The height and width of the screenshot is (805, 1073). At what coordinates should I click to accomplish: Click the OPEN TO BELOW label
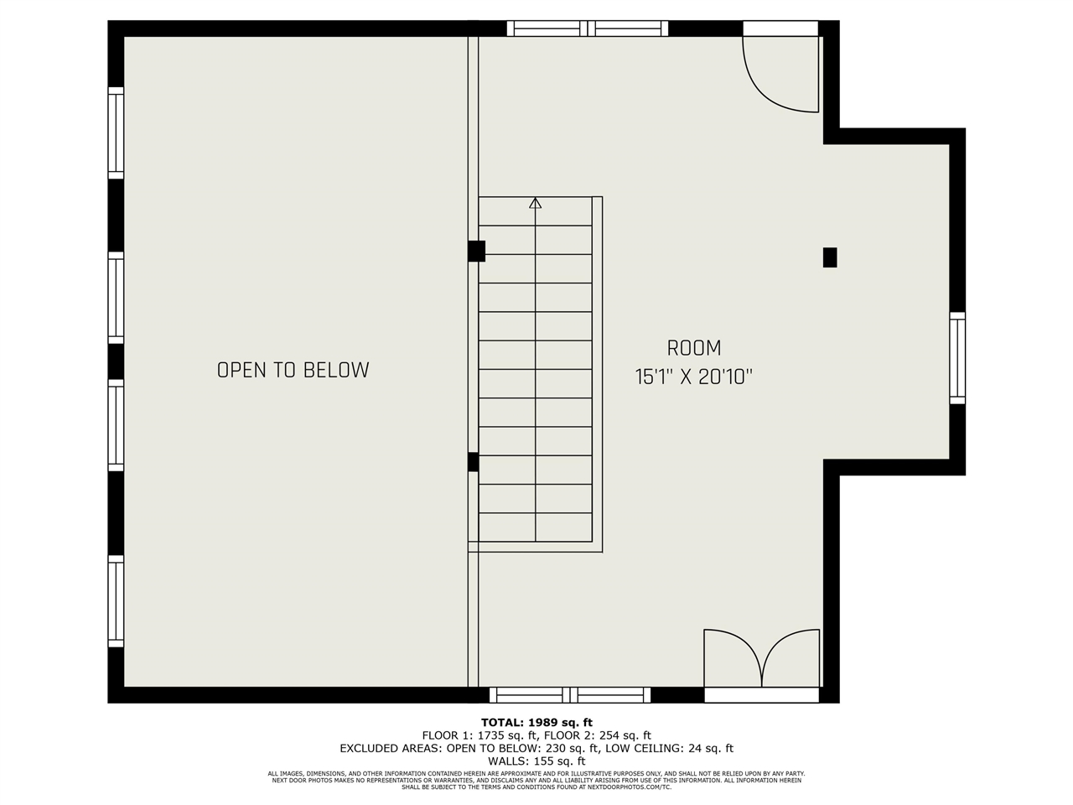pos(293,370)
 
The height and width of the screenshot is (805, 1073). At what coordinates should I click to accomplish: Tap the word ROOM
pos(693,348)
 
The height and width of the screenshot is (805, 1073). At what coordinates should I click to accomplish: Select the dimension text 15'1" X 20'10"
pos(693,377)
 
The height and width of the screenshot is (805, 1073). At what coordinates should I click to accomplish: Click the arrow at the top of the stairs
pos(535,203)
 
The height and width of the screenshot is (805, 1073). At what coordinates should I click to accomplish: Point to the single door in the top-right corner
pos(780,74)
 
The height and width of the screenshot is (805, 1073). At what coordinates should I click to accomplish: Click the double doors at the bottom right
pos(761,662)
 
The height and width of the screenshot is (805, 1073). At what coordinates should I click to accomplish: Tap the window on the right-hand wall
pos(956,358)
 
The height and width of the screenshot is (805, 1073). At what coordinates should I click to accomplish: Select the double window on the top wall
pos(588,29)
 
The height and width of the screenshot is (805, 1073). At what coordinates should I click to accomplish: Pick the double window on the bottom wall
pos(570,694)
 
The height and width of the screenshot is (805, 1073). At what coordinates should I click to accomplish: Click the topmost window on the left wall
pos(116,132)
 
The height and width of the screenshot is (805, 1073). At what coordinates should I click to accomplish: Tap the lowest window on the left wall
pos(116,600)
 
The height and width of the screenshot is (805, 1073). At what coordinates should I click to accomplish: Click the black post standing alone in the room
pos(830,257)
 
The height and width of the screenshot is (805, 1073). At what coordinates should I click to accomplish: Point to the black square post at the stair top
pos(476,251)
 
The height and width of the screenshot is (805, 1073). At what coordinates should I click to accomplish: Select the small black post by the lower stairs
pos(473,461)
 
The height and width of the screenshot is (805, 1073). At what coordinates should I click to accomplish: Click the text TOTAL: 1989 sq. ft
pos(536,722)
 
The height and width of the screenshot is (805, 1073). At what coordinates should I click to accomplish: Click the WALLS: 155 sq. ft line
pos(536,761)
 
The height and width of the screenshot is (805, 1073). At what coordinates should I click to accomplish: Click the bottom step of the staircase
pos(535,527)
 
